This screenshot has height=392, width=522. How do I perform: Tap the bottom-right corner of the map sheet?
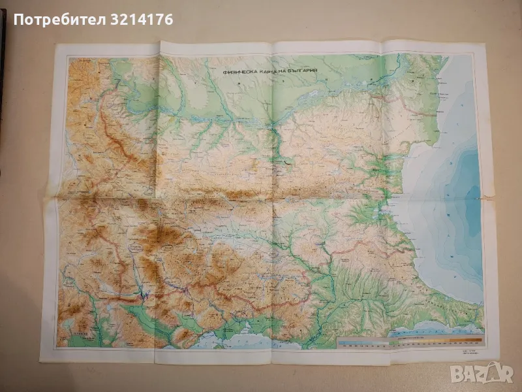tap(494, 357)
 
